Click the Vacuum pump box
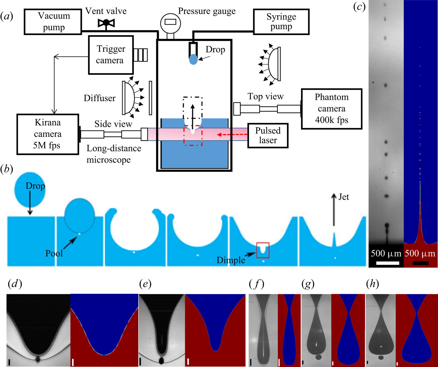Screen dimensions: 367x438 [x=53, y=22]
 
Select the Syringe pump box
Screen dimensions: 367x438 [x=281, y=22]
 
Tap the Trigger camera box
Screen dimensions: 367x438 [x=111, y=55]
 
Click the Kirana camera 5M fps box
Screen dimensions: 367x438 [x=48, y=134]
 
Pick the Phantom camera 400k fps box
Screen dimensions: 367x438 [x=332, y=109]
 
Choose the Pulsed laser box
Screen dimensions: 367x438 [x=268, y=135]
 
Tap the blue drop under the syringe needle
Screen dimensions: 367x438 [x=193, y=59]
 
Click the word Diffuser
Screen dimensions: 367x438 [x=100, y=98]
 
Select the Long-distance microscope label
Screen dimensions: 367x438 [x=114, y=154]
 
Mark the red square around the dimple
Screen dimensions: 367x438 [x=263, y=250]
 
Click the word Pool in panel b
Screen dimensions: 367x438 [x=54, y=253]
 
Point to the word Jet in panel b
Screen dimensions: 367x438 [x=344, y=197]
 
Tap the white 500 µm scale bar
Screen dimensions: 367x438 [x=387, y=263]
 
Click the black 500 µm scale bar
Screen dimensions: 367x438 [x=420, y=263]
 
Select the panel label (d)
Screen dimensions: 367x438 [x=15, y=284]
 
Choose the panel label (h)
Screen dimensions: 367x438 [x=373, y=284]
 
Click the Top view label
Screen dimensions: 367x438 [x=265, y=97]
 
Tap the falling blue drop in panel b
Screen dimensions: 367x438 [x=30, y=190]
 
